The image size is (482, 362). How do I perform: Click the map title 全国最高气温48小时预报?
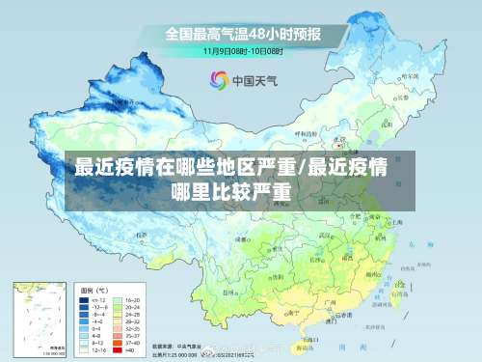242,34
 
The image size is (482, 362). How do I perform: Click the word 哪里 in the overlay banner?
189,190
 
